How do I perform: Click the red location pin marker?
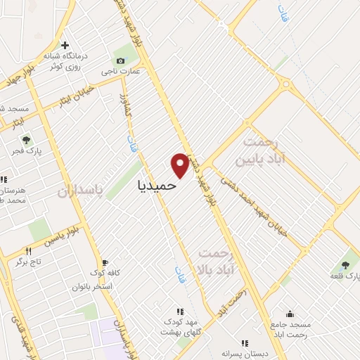click(180, 165)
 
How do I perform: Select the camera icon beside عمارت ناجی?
click(120, 60)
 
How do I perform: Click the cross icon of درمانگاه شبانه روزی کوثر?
click(65, 46)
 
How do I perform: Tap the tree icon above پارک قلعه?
click(345, 265)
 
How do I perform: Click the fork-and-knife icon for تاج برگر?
click(29, 251)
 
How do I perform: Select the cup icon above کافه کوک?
click(105, 262)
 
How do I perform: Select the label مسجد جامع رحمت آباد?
click(290, 330)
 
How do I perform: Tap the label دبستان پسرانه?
click(245, 354)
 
